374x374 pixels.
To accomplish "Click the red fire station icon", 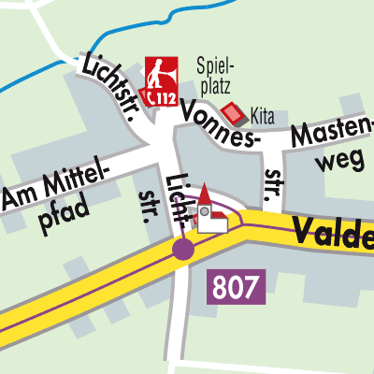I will pyautogui.click(x=159, y=81).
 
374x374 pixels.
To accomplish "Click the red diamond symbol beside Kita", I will pyautogui.click(x=234, y=114).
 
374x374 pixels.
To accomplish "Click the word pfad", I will pyautogui.click(x=65, y=212).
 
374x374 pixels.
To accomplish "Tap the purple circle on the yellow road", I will pyautogui.click(x=183, y=249).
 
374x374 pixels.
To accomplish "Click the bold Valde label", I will pyautogui.click(x=332, y=231).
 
